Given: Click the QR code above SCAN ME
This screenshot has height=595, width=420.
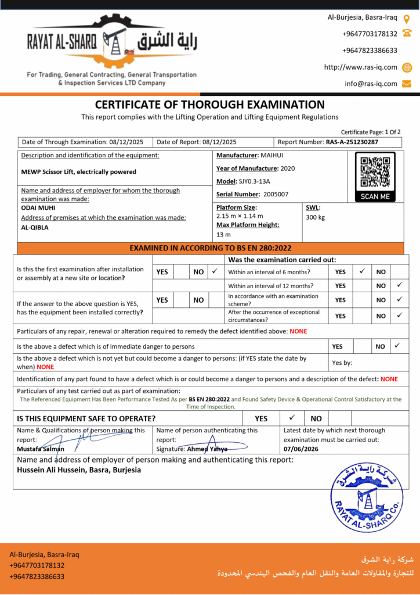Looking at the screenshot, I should click(x=374, y=173).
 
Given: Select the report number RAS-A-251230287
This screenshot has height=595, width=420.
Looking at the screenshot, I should click(x=352, y=142).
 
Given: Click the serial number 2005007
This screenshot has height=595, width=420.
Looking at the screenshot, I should click(x=276, y=194).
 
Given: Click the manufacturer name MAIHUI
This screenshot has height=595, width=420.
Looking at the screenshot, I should click(x=273, y=156).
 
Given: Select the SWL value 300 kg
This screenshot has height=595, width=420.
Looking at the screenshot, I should click(x=315, y=217).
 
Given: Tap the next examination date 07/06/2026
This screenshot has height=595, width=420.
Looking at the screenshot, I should click(x=300, y=449).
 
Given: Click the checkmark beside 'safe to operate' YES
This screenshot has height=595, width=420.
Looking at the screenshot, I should click(x=292, y=418).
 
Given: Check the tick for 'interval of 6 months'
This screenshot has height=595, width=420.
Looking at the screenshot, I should click(x=362, y=271).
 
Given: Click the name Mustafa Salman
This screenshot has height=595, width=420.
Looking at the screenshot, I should click(x=41, y=449).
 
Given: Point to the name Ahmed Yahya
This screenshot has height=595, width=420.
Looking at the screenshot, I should click(x=208, y=449).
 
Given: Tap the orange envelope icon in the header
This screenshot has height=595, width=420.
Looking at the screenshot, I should click(x=407, y=84).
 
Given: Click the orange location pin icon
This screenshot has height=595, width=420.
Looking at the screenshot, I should click(x=406, y=19).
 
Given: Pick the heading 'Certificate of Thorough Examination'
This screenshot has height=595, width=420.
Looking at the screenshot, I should click(x=209, y=105).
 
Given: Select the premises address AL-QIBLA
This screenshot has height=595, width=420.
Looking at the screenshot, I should click(x=35, y=228).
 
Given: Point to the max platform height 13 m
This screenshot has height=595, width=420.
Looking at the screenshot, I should click(x=223, y=235).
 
